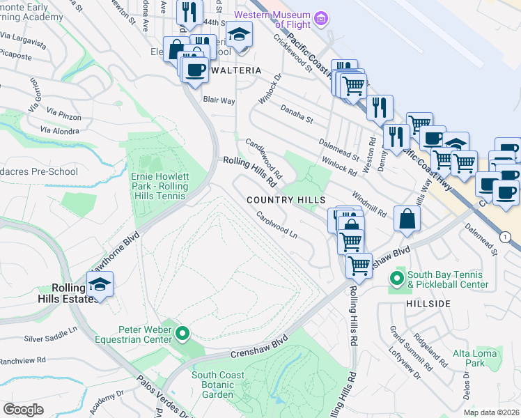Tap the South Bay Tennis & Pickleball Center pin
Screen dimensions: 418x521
click(397, 279)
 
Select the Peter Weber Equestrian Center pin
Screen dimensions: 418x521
click(182, 334)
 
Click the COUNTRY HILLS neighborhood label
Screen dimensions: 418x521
click(286, 200)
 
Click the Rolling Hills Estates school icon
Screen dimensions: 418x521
click(100, 285)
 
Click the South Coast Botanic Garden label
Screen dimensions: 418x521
click(218, 385)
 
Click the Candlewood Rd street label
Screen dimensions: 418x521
click(263, 157)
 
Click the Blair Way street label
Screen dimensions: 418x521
click(219, 100)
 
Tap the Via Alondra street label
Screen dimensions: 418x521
click(59, 130)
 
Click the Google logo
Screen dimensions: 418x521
click(23, 410)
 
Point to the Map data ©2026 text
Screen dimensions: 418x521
click(491, 412)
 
